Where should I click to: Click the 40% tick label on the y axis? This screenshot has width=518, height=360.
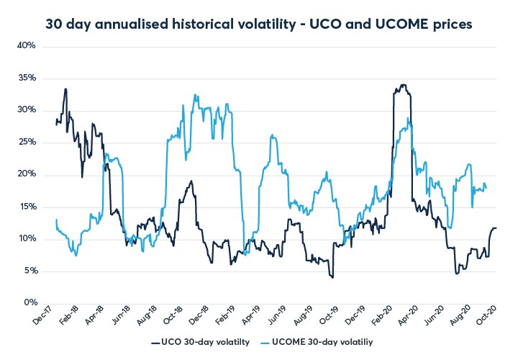point(26,46)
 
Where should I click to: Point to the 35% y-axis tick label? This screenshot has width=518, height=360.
point(26,78)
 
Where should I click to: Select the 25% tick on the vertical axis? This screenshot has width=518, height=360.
point(26,142)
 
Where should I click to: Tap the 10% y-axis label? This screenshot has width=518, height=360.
point(26,238)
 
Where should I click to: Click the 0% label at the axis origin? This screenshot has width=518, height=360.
point(29,302)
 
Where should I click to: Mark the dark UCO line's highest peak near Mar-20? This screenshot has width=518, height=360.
point(403,85)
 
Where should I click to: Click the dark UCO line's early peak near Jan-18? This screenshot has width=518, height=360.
point(65,89)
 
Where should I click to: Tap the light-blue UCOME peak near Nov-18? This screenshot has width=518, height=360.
point(196,95)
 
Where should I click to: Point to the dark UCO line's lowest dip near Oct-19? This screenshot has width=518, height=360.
point(332,277)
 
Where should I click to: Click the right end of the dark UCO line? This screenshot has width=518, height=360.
point(496,228)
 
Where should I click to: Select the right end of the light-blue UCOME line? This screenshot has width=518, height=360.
point(486,189)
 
